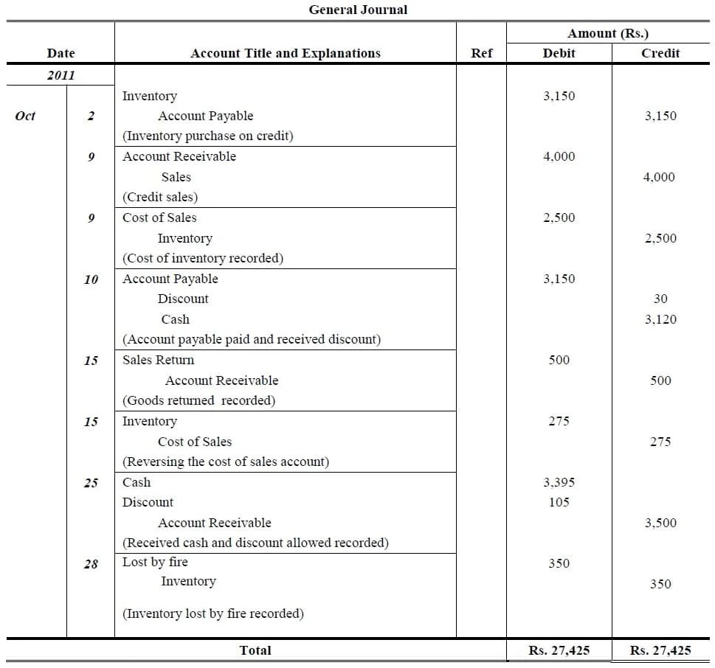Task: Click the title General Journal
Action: click(x=358, y=10)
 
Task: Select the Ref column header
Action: click(x=481, y=53)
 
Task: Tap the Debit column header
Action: click(x=559, y=53)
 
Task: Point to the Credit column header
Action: click(x=660, y=53)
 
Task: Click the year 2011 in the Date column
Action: click(x=61, y=75)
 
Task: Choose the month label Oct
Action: click(x=25, y=116)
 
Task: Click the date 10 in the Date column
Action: click(x=91, y=279)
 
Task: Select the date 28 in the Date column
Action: click(x=91, y=564)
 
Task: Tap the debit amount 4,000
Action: click(x=559, y=156)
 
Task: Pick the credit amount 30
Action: click(x=660, y=299)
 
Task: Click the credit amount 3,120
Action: click(x=660, y=319)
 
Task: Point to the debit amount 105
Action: click(x=559, y=502)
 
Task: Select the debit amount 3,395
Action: click(x=559, y=482)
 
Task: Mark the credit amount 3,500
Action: click(x=660, y=523)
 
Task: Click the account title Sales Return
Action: click(x=158, y=360)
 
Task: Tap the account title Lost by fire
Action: click(x=155, y=562)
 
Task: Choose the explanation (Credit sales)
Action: click(x=160, y=197)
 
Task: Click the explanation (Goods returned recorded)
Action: click(x=198, y=400)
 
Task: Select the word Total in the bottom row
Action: click(x=255, y=650)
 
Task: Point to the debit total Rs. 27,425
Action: click(x=559, y=650)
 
